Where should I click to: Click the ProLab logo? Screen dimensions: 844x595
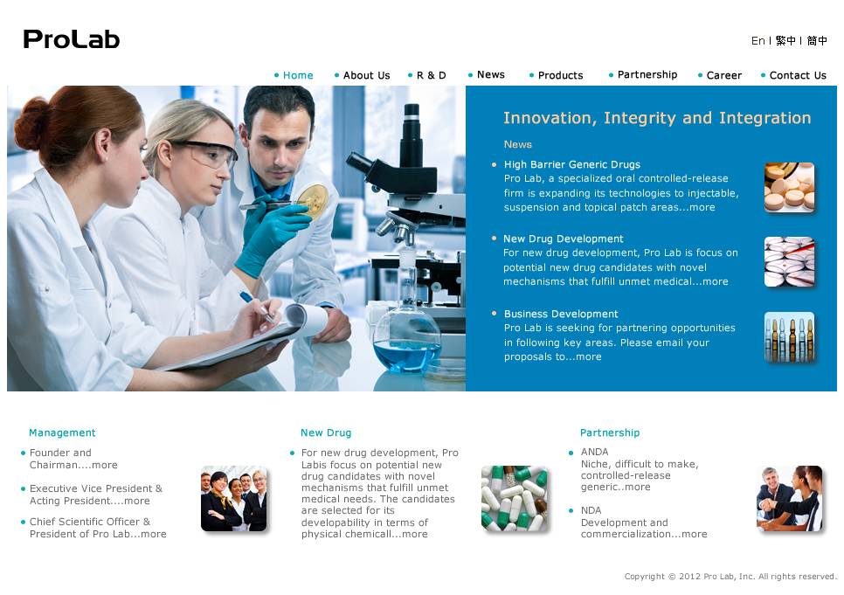point(71,39)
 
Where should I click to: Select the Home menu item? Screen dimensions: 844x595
point(298,75)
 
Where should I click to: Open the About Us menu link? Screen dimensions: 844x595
point(367,75)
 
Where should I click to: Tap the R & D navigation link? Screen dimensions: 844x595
point(431,75)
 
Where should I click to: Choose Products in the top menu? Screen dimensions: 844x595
point(560,75)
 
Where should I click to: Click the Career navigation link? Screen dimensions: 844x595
point(724,75)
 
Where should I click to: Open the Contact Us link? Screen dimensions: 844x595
point(798,75)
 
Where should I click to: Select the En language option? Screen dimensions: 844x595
point(758,41)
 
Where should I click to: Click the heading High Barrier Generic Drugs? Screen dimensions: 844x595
point(572,165)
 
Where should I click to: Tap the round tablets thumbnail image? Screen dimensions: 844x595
point(789,187)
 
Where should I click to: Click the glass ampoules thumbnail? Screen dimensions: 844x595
point(789,336)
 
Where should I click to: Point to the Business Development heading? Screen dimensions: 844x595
point(561,314)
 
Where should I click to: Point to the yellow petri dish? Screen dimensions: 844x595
point(313,198)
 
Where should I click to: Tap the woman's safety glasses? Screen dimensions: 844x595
point(206,153)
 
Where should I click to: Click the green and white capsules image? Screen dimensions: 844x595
point(515,499)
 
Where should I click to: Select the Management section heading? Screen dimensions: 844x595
point(62,432)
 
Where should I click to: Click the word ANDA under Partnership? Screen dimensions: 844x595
point(594,453)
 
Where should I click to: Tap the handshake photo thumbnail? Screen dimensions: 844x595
point(790,499)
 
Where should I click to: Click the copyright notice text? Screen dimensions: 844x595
point(730,577)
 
